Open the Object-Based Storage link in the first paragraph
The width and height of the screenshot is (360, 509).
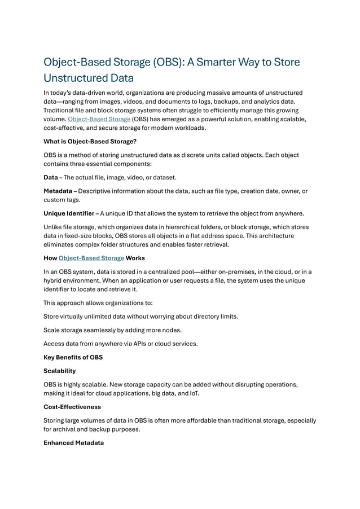click(99, 119)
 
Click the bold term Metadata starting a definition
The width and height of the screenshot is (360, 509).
click(58, 191)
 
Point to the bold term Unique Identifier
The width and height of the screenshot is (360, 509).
click(69, 213)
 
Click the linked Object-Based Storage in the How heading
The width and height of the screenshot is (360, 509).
click(91, 258)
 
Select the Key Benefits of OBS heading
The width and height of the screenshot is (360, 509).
click(73, 358)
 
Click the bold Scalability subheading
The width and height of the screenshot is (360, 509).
click(60, 371)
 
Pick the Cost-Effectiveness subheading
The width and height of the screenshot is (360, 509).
click(72, 407)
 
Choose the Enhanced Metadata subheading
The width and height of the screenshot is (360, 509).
click(73, 443)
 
